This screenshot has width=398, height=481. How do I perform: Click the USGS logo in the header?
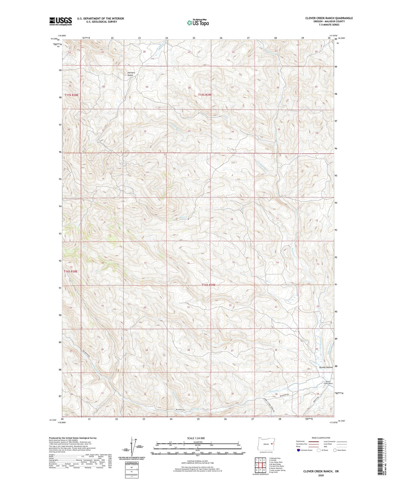pyautogui.click(x=61, y=21)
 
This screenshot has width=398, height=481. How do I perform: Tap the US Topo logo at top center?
pyautogui.click(x=198, y=23)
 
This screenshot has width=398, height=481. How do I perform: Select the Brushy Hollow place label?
pyautogui.click(x=326, y=367)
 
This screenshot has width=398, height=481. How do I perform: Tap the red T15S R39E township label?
pyautogui.click(x=205, y=95)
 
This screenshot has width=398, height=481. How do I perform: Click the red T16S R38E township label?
pyautogui.click(x=71, y=271)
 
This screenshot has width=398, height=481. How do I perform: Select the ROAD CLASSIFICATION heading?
pyautogui.click(x=321, y=438)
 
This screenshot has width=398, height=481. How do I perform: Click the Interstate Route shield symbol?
pyautogui.click(x=299, y=450)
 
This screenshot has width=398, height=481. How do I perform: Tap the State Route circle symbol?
pyautogui.click(x=335, y=450)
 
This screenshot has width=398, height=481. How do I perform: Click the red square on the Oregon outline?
pyautogui.click(x=272, y=444)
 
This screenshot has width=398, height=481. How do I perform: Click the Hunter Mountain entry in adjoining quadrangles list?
pyautogui.click(x=276, y=468)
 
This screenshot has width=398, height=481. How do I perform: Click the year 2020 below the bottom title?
pyautogui.click(x=321, y=475)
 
